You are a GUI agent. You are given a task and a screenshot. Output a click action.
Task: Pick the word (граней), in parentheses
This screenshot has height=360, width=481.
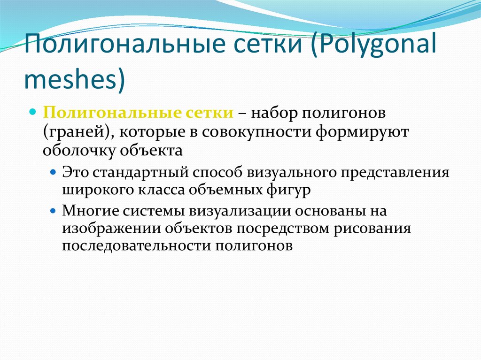pos(78,133)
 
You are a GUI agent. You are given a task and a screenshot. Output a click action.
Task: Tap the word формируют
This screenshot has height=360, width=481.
pos(357,133)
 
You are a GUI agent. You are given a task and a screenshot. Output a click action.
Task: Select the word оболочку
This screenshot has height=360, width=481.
pos(79,151)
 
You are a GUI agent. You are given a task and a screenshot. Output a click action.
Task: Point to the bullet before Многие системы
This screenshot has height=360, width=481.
pos(54,211)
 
